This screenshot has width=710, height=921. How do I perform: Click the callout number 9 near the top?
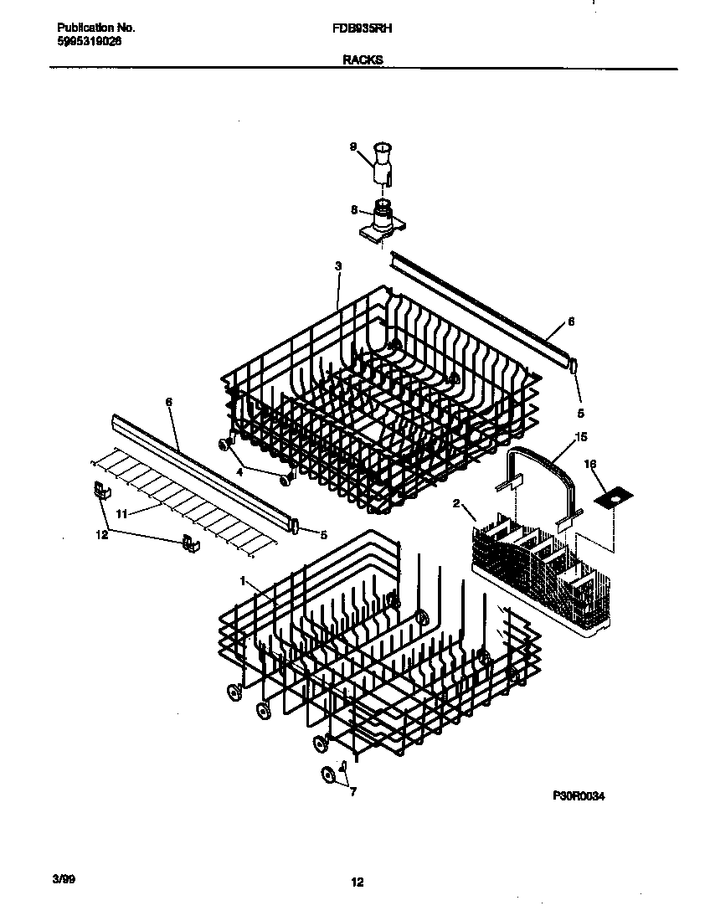[x=352, y=147]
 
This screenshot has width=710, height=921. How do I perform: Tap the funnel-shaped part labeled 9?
[x=382, y=162]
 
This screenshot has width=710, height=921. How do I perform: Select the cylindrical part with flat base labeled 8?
[x=382, y=219]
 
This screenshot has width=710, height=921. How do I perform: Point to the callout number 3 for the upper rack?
[x=337, y=266]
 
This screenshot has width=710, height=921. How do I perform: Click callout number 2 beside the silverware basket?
[x=456, y=503]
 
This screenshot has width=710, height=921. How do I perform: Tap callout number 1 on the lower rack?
[x=243, y=580]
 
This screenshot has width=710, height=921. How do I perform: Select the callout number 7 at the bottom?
[x=352, y=791]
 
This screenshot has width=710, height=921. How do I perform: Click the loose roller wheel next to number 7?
[x=329, y=776]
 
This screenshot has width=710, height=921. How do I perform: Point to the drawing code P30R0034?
[x=578, y=796]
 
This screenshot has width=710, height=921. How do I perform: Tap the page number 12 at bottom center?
[x=358, y=882]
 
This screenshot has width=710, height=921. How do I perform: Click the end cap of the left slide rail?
[x=296, y=525]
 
